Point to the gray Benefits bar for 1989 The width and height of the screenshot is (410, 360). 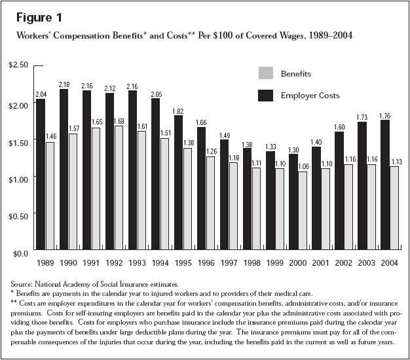click(50, 196)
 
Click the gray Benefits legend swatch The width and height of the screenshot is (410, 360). click(267, 74)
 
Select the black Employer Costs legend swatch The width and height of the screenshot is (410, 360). click(267, 96)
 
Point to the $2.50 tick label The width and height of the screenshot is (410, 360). click(18, 66)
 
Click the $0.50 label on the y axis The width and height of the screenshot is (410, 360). click(18, 215)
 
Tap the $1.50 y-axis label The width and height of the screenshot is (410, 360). click(18, 141)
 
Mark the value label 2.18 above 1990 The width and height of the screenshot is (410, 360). click(64, 84)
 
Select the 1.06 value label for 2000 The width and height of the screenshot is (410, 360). click(303, 167)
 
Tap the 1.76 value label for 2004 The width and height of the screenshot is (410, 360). click(384, 115)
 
